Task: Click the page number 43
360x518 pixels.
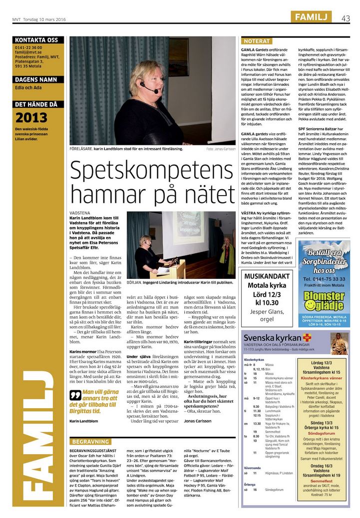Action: click(x=346, y=18)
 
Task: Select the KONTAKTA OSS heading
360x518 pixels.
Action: click(x=36, y=40)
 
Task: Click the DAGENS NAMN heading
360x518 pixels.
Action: click(x=36, y=79)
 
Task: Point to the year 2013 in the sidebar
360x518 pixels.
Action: click(x=32, y=118)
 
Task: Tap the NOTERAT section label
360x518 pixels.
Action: click(x=257, y=41)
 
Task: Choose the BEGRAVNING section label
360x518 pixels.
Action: click(x=91, y=442)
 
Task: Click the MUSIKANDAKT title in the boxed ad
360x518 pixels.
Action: click(x=267, y=276)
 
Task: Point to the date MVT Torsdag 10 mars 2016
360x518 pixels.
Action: click(x=39, y=19)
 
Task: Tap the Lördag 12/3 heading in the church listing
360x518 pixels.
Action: click(x=322, y=363)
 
